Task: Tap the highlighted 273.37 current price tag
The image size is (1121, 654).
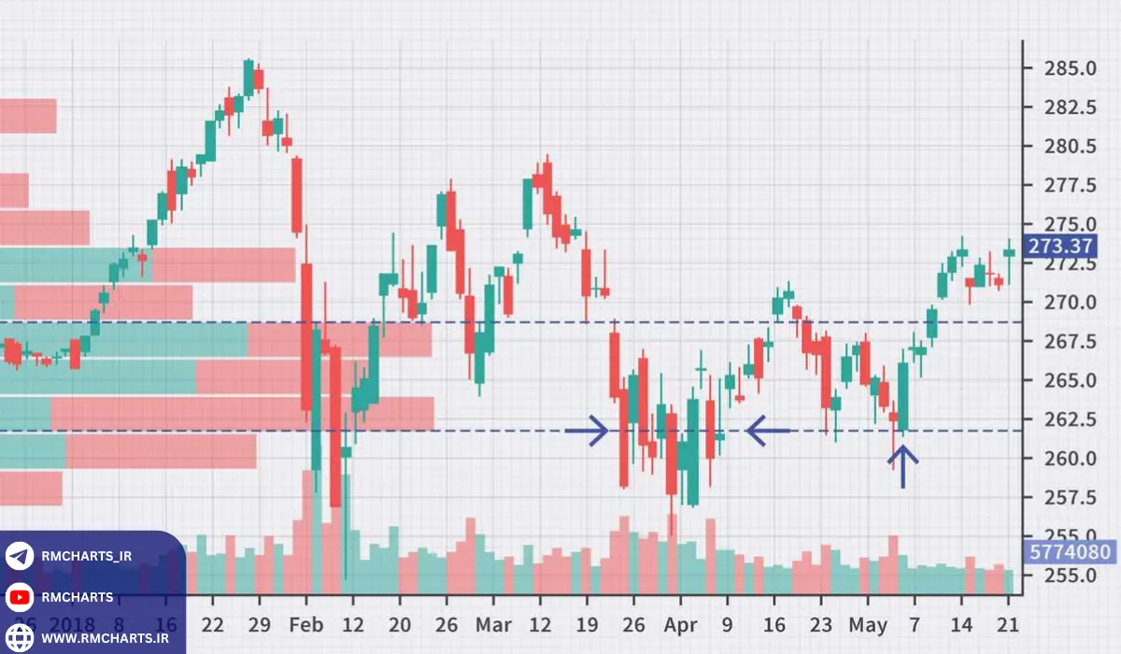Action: click(x=1060, y=247)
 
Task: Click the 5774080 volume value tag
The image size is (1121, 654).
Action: click(x=1070, y=551)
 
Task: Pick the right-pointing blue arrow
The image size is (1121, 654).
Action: click(x=587, y=431)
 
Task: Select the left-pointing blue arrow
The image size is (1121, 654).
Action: click(x=769, y=431)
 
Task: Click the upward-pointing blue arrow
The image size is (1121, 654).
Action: click(x=902, y=465)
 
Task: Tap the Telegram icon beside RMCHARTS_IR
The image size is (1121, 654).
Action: click(x=20, y=556)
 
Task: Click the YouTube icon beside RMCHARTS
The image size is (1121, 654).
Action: click(x=20, y=597)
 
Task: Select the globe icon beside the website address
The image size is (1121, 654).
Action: click(x=20, y=638)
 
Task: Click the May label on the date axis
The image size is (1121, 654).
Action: click(x=869, y=625)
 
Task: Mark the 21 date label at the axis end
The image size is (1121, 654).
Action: click(x=1008, y=625)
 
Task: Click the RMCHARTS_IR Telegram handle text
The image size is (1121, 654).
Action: click(x=87, y=556)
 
